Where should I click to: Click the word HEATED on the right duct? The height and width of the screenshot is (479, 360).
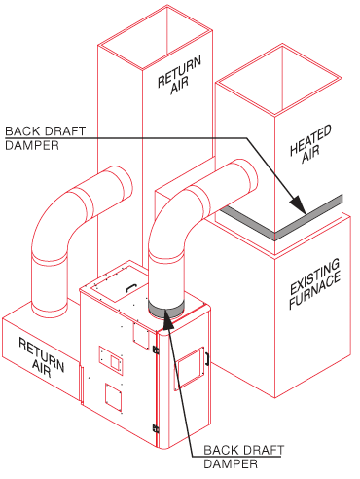[x=310, y=139]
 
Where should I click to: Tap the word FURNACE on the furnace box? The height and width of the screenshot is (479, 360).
[x=315, y=289]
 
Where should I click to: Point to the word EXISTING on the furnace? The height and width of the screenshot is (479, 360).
[x=314, y=276]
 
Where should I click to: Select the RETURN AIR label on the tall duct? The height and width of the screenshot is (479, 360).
[x=179, y=76]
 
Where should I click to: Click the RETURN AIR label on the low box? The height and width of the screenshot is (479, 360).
[x=42, y=357]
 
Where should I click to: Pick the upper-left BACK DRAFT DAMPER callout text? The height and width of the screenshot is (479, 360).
[x=45, y=138]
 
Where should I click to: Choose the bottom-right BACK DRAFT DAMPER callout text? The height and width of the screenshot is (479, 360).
[x=243, y=457]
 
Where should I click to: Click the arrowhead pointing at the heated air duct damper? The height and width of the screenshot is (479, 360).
[x=298, y=204]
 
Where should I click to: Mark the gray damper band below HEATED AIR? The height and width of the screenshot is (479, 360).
[x=275, y=224]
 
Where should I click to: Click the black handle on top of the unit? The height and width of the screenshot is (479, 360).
[x=131, y=287]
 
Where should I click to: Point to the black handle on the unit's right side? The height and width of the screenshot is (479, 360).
[x=206, y=359]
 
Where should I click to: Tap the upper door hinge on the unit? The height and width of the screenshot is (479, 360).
[x=156, y=350]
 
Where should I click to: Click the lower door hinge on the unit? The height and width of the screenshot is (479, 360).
[x=156, y=428]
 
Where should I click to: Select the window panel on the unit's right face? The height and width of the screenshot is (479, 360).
[x=190, y=368]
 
